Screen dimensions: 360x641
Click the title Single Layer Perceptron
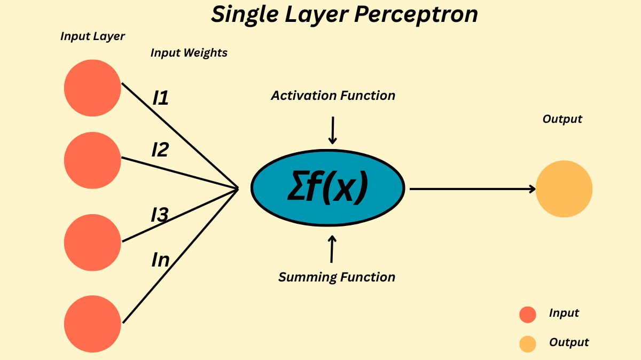(x=344, y=15)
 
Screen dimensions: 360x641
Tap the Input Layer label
(x=92, y=36)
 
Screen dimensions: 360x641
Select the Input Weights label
(x=189, y=52)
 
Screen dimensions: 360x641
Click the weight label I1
(x=161, y=98)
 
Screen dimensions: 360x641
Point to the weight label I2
(x=160, y=150)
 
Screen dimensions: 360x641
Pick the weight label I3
(x=160, y=215)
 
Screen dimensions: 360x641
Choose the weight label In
(x=161, y=260)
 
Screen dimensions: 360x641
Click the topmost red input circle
(x=92, y=88)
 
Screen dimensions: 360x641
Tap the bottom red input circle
(x=92, y=324)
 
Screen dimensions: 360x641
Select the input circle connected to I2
(x=92, y=160)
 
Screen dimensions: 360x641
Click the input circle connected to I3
(x=92, y=242)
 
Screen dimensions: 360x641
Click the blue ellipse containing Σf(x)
(x=328, y=189)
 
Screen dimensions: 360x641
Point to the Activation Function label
(x=333, y=96)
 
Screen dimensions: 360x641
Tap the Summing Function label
(x=337, y=277)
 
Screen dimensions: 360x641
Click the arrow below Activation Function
(x=333, y=130)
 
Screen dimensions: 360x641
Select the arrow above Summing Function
(x=332, y=249)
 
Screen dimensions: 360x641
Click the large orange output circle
(x=564, y=189)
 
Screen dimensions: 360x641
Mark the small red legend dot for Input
(x=527, y=315)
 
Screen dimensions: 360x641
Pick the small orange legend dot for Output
(x=527, y=344)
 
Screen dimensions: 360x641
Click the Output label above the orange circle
(x=562, y=119)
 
